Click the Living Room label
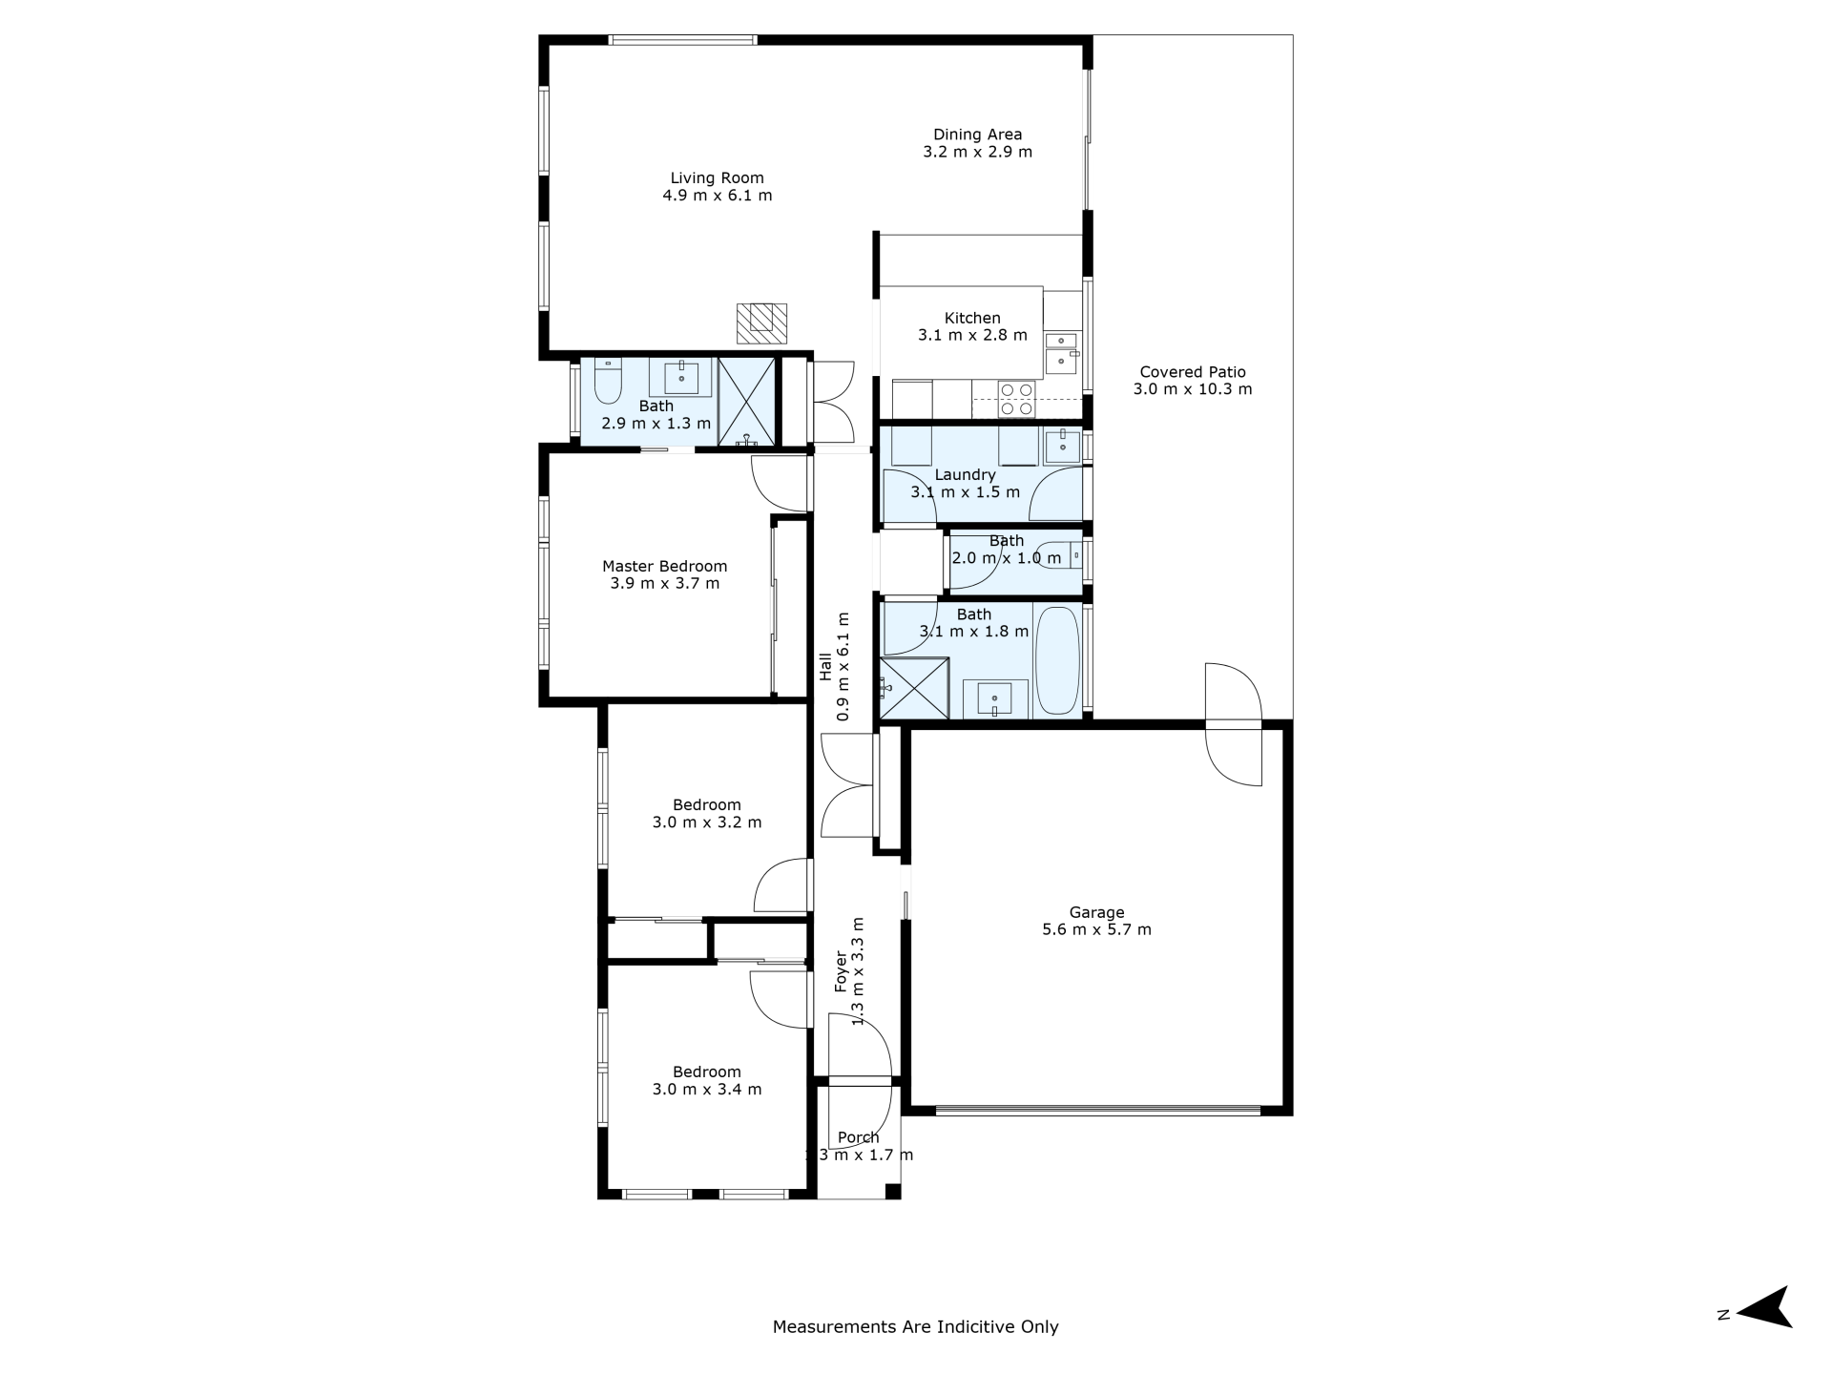pyautogui.click(x=717, y=178)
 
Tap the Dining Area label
pyautogui.click(x=977, y=135)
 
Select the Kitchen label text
pyautogui.click(x=972, y=318)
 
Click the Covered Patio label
pyautogui.click(x=1193, y=372)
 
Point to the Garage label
pyautogui.click(x=1096, y=912)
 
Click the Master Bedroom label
pyautogui.click(x=664, y=566)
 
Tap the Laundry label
pyautogui.click(x=965, y=475)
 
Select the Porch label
pyautogui.click(x=859, y=1137)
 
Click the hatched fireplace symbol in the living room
pyautogui.click(x=761, y=323)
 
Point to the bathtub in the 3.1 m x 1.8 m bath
pyautogui.click(x=1057, y=660)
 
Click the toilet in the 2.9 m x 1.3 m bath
pyautogui.click(x=608, y=381)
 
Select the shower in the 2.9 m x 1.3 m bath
pyautogui.click(x=748, y=402)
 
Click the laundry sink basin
pyautogui.click(x=1062, y=445)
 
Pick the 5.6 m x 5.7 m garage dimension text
pyautogui.click(x=1096, y=929)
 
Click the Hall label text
pyautogui.click(x=826, y=666)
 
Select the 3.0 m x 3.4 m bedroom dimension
pyautogui.click(x=707, y=1090)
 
